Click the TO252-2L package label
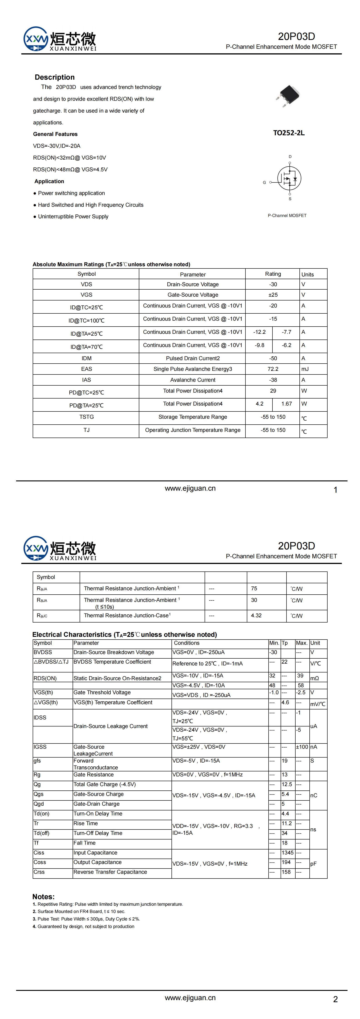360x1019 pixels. click(289, 133)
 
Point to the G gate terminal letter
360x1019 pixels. click(264, 182)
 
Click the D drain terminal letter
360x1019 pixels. click(290, 157)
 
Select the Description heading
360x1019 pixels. click(55, 77)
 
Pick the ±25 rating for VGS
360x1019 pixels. click(273, 295)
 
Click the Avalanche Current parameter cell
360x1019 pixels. click(193, 380)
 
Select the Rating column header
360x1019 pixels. click(273, 274)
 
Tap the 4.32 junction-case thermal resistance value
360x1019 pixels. click(256, 615)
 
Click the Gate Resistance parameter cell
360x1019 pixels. click(93, 775)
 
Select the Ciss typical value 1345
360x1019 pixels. click(288, 852)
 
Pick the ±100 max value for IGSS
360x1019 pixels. click(302, 747)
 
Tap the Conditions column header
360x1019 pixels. click(187, 643)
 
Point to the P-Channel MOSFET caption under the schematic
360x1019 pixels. click(287, 216)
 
